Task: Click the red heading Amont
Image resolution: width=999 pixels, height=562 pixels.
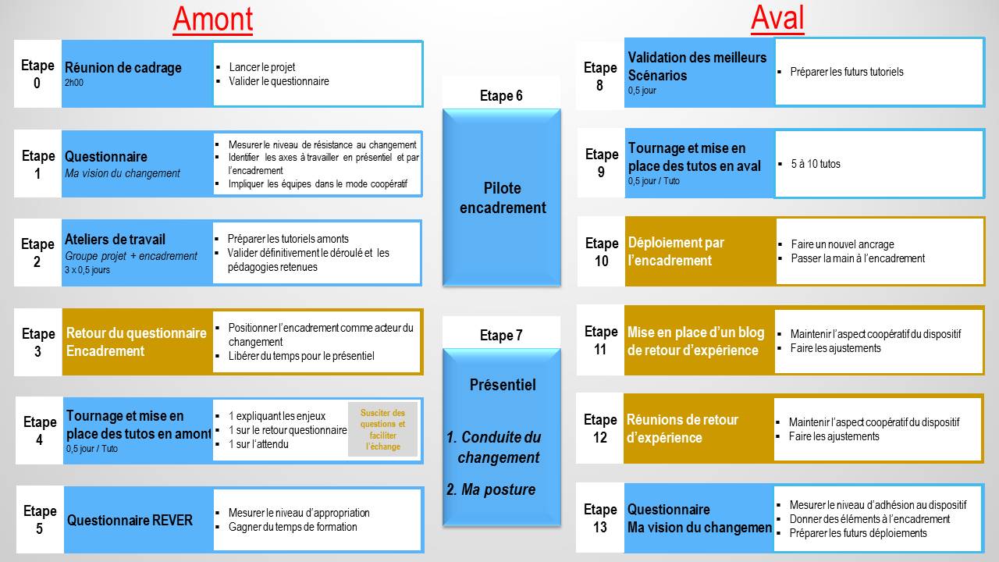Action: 212,20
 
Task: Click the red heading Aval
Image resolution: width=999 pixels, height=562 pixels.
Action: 777,18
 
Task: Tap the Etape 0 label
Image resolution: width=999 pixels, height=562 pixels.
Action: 37,73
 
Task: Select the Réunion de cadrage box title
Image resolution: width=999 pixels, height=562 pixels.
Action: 123,68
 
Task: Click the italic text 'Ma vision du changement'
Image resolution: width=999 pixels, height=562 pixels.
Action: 123,173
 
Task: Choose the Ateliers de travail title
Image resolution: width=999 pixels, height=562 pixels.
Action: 115,240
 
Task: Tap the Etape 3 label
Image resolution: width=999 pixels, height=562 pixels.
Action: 37,342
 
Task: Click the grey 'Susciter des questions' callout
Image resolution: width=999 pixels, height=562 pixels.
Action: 382,429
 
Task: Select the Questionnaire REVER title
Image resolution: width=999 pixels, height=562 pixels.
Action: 130,521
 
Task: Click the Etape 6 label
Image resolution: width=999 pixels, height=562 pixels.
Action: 501,96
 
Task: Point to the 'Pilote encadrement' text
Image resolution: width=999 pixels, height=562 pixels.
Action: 502,198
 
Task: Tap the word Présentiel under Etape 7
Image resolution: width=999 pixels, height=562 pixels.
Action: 503,385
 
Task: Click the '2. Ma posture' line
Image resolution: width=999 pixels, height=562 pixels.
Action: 491,489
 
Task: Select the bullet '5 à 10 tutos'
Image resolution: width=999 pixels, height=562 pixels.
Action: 816,164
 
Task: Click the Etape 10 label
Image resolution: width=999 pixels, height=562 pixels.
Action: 601,251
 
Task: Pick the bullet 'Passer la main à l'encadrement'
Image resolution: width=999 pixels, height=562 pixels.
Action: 858,258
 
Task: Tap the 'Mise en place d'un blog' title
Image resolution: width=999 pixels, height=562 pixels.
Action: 695,333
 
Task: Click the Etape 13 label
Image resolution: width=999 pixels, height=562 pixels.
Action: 600,518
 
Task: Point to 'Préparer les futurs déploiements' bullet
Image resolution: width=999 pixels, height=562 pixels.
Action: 859,533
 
